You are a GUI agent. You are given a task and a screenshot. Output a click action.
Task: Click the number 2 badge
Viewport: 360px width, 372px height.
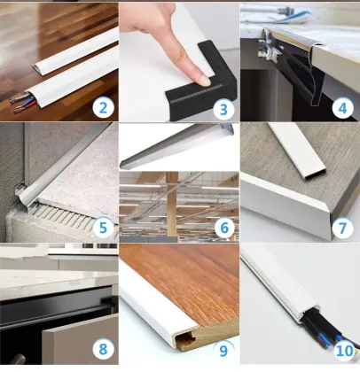click(105, 108)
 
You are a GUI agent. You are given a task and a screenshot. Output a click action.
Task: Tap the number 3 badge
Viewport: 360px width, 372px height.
click(223, 108)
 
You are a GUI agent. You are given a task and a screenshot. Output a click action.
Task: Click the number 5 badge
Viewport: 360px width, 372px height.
click(105, 228)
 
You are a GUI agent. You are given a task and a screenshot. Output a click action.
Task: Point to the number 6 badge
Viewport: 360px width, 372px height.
click(223, 228)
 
